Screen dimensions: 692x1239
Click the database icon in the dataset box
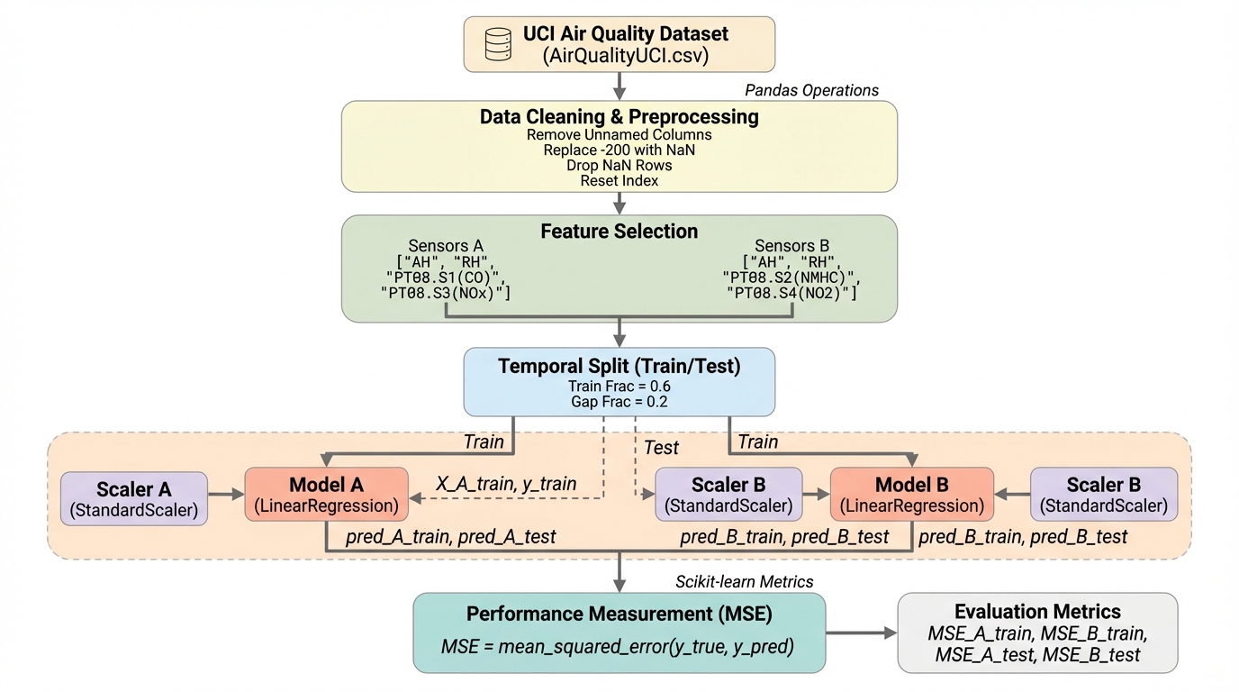point(498,43)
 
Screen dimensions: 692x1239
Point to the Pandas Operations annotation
point(811,90)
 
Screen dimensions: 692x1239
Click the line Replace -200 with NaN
point(619,150)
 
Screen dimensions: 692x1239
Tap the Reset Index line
point(619,180)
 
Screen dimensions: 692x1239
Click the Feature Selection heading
point(619,232)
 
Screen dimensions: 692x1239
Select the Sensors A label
point(446,246)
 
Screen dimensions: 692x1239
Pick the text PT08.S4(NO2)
point(792,294)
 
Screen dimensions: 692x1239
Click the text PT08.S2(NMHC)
point(798,278)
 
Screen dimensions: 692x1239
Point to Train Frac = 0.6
point(619,386)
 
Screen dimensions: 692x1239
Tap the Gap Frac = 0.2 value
point(619,402)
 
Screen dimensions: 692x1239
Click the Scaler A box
point(134,499)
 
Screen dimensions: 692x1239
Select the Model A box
point(327,495)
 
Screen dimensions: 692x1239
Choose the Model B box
point(911,495)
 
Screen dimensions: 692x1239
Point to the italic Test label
point(661,448)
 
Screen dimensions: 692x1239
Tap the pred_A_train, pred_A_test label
point(450,537)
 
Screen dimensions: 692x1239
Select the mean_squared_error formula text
point(619,646)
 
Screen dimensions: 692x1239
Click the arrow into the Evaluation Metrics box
point(861,633)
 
